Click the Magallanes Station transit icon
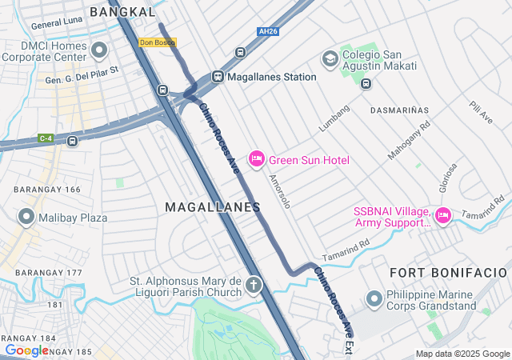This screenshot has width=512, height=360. (x=217, y=77)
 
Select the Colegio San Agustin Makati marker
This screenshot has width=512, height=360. (x=330, y=58)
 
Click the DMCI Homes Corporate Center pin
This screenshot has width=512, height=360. (x=99, y=51)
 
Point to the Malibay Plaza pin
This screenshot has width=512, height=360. (x=26, y=217)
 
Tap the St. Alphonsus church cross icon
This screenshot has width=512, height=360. (x=254, y=285)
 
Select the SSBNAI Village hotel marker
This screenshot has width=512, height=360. (x=443, y=216)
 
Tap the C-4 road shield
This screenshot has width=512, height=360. (x=46, y=138)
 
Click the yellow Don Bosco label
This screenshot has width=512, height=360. (x=157, y=42)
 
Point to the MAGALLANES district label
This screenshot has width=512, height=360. (x=213, y=207)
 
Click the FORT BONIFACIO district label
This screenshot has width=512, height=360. (x=448, y=273)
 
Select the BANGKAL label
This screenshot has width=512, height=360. (x=122, y=12)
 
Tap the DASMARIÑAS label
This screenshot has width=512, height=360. (x=399, y=110)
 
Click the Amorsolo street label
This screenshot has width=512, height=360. (x=280, y=191)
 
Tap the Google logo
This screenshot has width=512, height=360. (x=26, y=350)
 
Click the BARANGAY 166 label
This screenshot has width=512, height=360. (x=47, y=190)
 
